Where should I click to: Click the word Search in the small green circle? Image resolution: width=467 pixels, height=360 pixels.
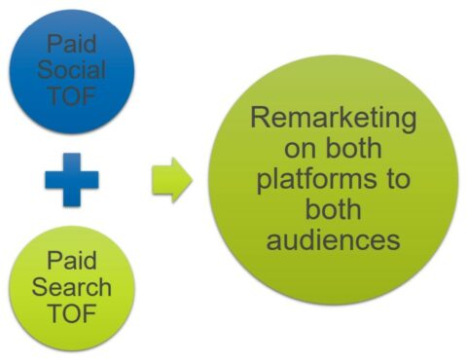pos(71,288)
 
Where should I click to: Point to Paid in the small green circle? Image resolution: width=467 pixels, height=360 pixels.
pos(71,262)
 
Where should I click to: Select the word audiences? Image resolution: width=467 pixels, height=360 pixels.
pos(334,239)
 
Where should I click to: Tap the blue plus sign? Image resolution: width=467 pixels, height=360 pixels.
pos(71,179)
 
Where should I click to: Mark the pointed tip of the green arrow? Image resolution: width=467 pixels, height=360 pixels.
pos(192,180)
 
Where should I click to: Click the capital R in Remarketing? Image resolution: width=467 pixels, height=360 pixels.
pos(260,121)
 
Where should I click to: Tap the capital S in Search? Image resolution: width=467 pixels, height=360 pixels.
pos(39,288)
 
